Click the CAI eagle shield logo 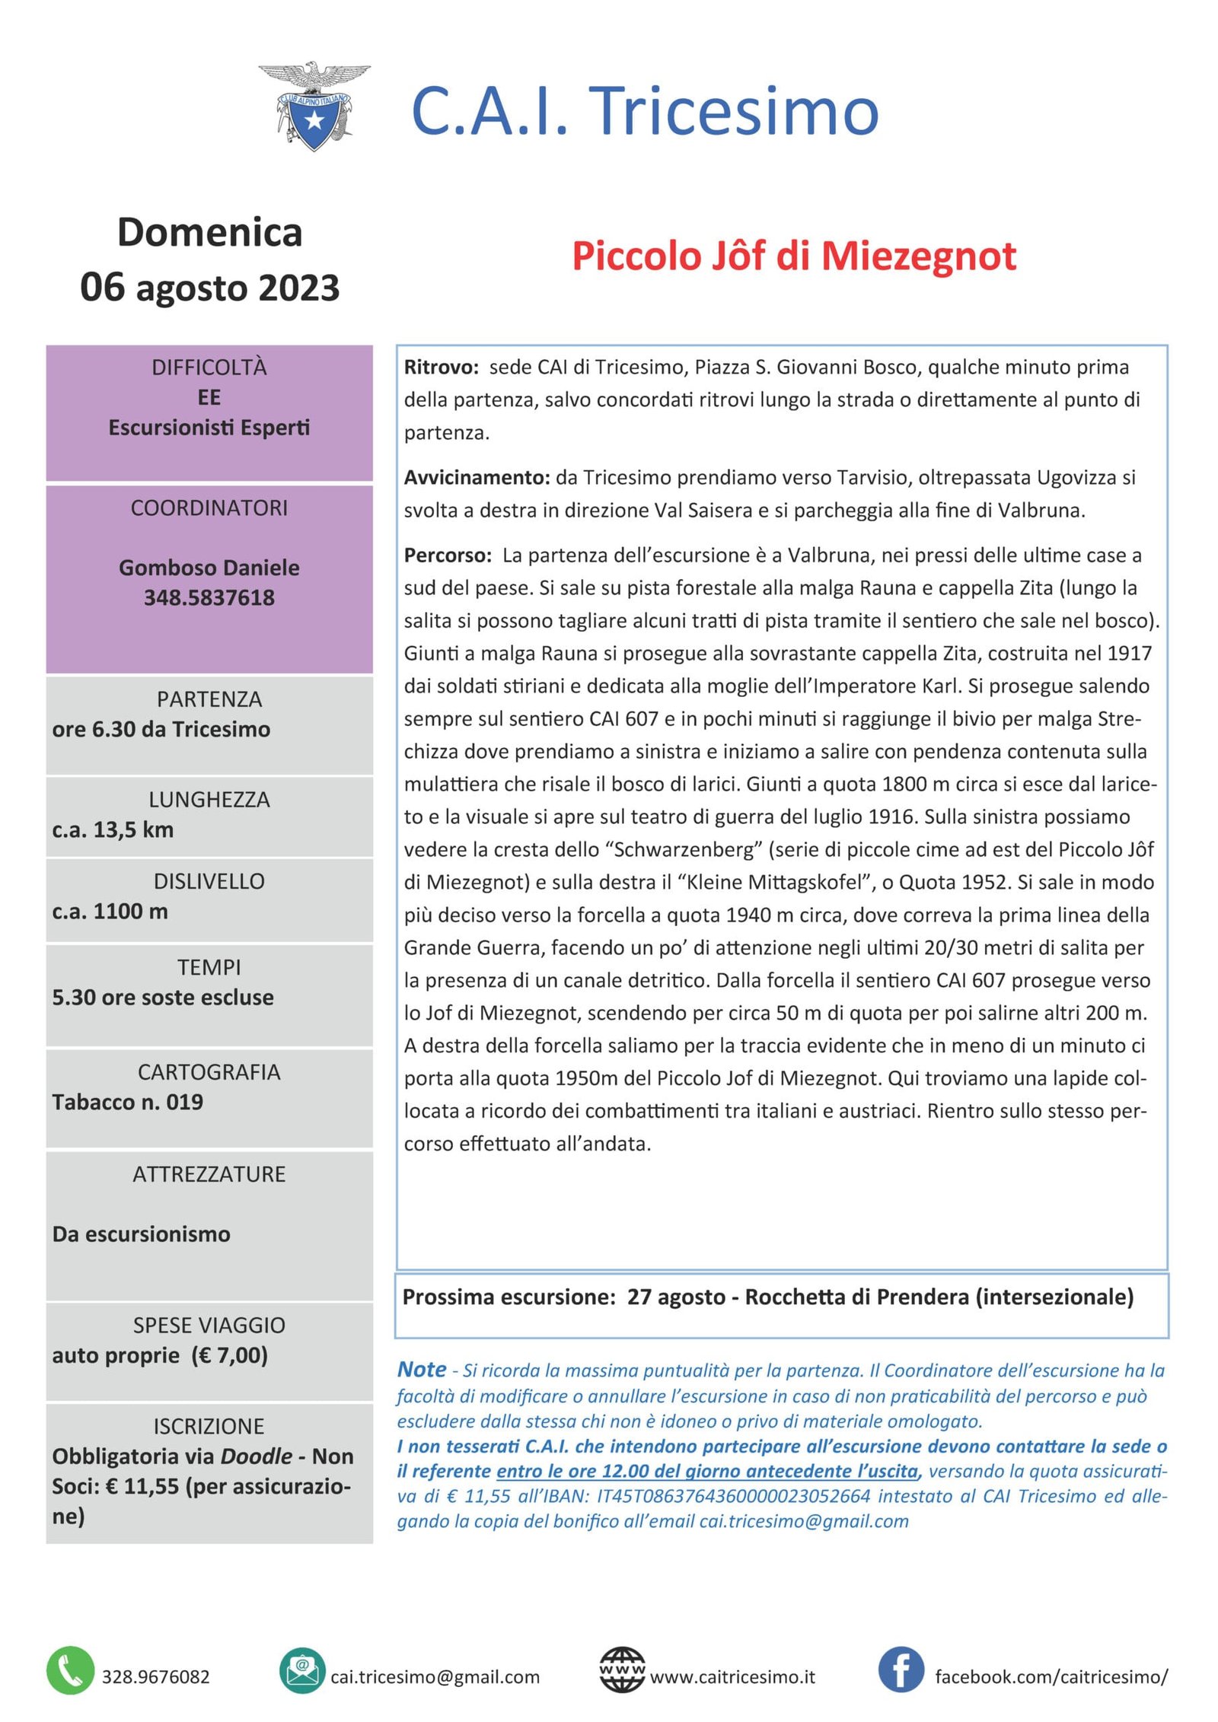[314, 107]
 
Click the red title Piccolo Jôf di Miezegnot [793, 256]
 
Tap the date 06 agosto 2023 [209, 288]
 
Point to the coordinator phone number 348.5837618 [209, 597]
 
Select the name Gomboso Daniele [209, 568]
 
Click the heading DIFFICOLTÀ [209, 368]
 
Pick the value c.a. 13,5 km [113, 829]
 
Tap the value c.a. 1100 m [110, 911]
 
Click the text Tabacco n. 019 [127, 1102]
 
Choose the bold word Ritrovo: [441, 368]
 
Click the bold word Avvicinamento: [477, 478]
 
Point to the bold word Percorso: [448, 555]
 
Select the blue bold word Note [422, 1369]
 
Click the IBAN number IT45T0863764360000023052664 [733, 1496]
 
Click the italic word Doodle [256, 1456]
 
